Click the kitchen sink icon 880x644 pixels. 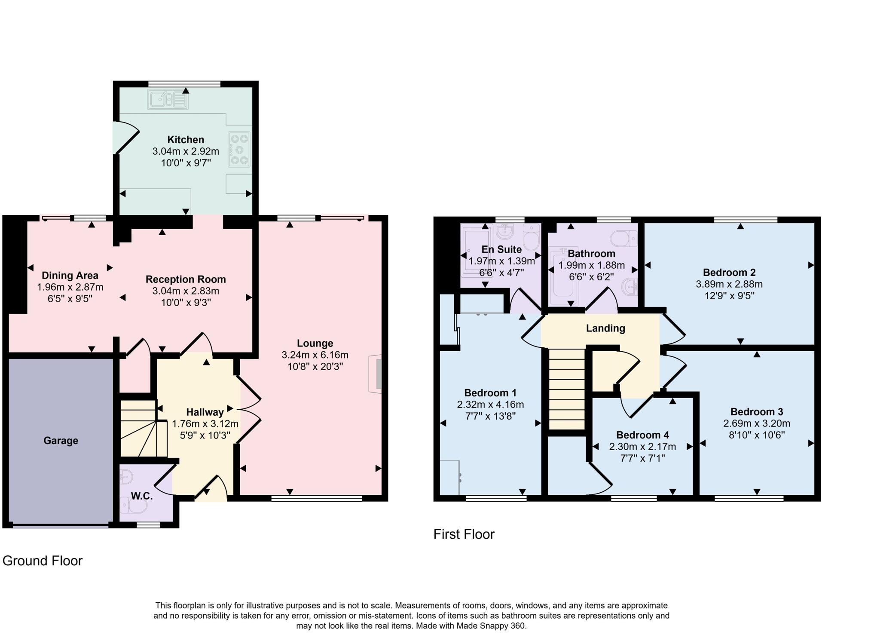[x=168, y=99]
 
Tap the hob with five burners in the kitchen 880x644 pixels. [x=239, y=149]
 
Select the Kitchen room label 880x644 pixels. [x=186, y=140]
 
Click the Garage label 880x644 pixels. [x=61, y=441]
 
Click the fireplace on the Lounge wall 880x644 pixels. [x=376, y=374]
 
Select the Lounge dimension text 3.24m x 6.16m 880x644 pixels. [x=315, y=355]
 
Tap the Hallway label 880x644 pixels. [x=205, y=412]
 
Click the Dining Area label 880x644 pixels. [x=70, y=276]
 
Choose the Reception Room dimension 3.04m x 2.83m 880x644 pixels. [x=186, y=291]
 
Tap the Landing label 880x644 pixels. [x=605, y=328]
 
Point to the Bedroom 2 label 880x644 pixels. [x=729, y=273]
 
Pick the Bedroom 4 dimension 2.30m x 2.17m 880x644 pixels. [x=642, y=447]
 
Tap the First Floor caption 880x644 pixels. [x=464, y=534]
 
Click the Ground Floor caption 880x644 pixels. [x=42, y=561]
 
